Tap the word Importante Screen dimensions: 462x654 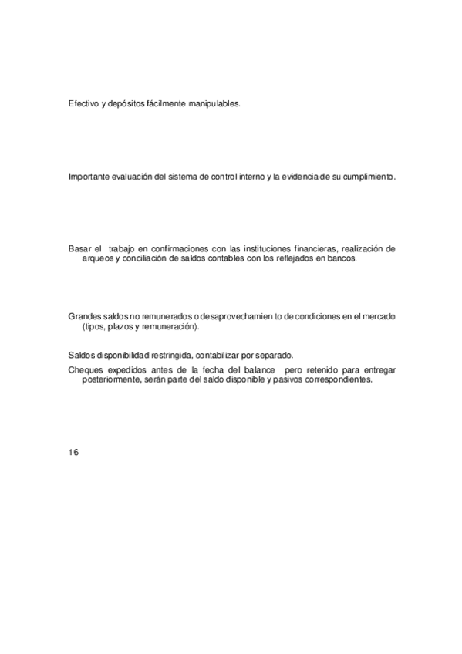(x=89, y=177)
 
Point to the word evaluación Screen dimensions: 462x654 (x=132, y=177)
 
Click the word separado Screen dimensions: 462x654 (x=274, y=355)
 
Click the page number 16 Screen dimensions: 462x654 (x=73, y=451)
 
